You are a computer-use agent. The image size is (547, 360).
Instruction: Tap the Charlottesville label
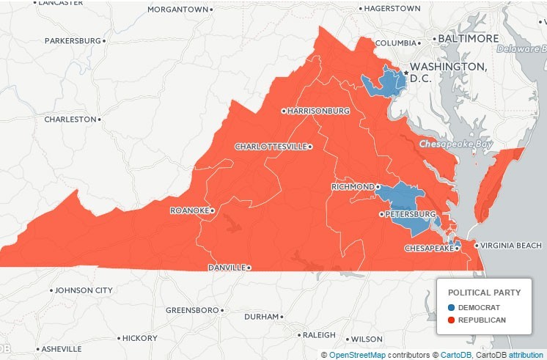(271, 147)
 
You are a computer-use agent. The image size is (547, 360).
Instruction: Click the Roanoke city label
(189, 210)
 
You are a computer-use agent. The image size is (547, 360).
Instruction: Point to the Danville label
(227, 268)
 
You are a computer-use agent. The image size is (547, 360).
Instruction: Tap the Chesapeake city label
(430, 249)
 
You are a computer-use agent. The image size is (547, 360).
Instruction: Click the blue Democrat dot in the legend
(452, 307)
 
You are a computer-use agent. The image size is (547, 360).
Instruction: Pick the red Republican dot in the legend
(452, 320)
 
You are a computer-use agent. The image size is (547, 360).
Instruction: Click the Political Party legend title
(484, 293)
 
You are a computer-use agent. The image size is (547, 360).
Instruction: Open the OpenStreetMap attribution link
(357, 355)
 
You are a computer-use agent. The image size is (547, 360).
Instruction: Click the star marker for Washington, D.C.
(405, 73)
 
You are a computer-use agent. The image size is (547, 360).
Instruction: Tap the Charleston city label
(70, 119)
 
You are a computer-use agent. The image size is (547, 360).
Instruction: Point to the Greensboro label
(192, 310)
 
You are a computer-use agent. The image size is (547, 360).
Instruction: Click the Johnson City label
(84, 290)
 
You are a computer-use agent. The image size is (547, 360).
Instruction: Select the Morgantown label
(178, 10)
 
